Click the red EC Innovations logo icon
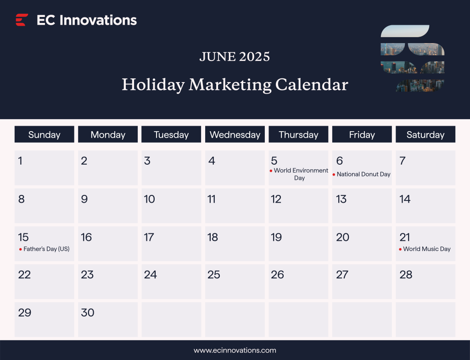(22, 20)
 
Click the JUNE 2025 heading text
(235, 57)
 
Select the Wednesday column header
(235, 135)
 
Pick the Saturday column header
(425, 135)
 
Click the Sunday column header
(44, 135)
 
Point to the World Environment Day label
(301, 174)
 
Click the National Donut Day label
(364, 174)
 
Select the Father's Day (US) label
(46, 249)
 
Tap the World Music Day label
(427, 249)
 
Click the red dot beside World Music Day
(400, 249)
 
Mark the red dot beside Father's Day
(21, 249)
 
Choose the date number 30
(87, 313)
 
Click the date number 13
(341, 199)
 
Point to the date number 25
(214, 275)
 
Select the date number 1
(20, 161)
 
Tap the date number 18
(213, 237)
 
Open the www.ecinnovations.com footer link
(235, 350)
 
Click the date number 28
(406, 275)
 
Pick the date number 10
(149, 199)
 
